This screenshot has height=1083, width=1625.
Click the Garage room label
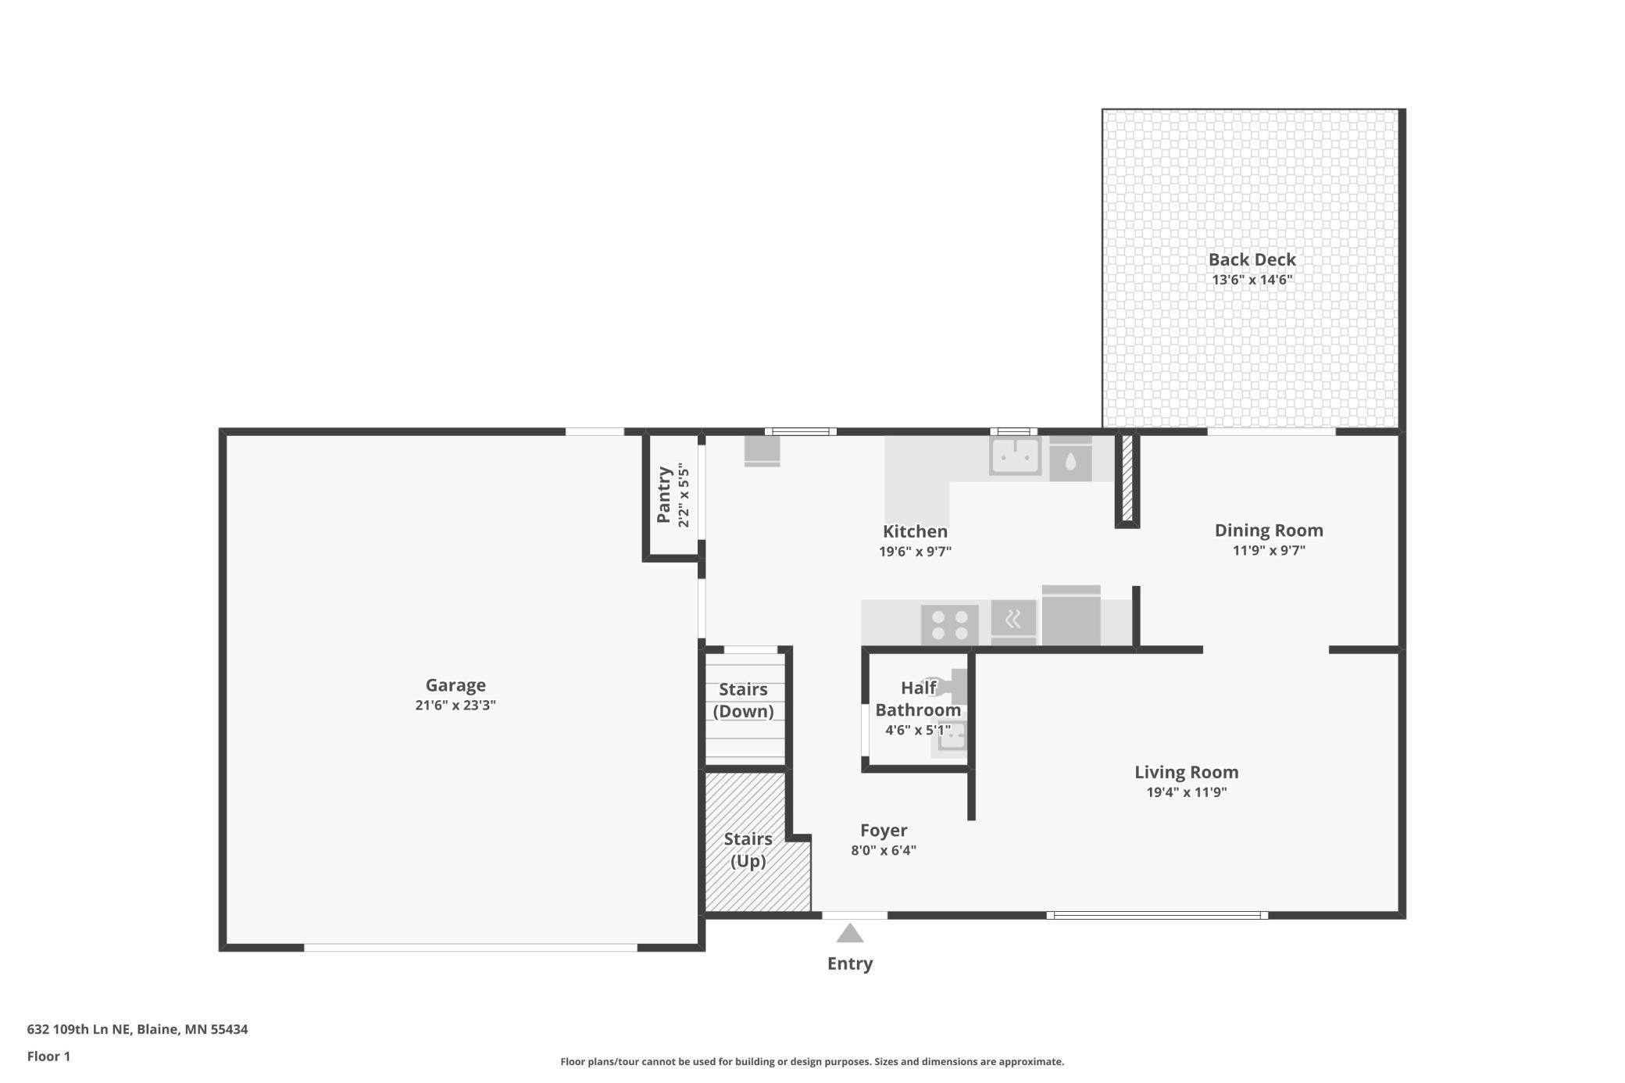click(x=455, y=685)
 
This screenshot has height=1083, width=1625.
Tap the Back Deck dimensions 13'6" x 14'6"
click(x=1252, y=280)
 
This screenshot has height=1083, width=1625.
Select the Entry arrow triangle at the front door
click(x=850, y=934)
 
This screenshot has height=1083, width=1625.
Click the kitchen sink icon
click(x=1015, y=456)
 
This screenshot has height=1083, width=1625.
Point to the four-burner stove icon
click(x=949, y=625)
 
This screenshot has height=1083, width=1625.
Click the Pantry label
click(x=664, y=495)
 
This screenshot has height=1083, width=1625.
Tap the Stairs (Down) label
click(x=743, y=700)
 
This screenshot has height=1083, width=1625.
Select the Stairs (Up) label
click(x=748, y=849)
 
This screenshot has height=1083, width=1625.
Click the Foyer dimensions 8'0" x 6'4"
click(x=884, y=850)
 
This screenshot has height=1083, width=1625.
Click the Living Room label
click(x=1186, y=772)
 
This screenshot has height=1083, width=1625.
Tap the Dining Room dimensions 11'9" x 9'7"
click(x=1269, y=550)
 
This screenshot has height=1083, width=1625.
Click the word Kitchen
click(x=915, y=531)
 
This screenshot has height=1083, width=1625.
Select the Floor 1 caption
click(x=48, y=1056)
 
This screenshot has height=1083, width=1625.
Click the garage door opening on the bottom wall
click(x=470, y=947)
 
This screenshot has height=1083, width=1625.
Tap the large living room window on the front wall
click(x=1157, y=915)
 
